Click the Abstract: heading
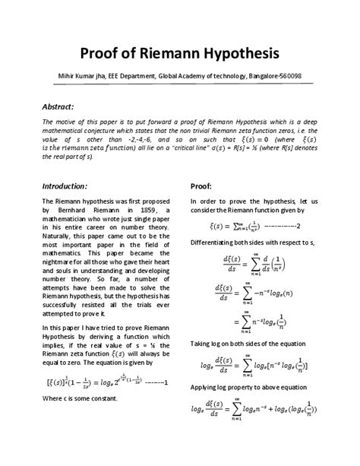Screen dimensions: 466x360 coord(63,106)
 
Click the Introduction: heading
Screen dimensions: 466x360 coord(70,185)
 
